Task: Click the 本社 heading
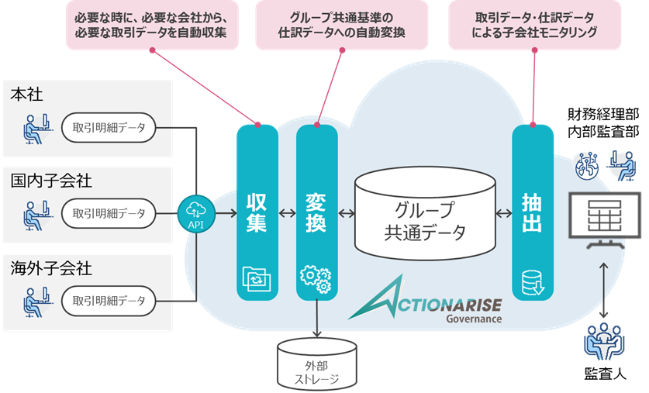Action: (26, 94)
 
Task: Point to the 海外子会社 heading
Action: (51, 269)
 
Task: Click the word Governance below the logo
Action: (473, 318)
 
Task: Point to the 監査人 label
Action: (604, 374)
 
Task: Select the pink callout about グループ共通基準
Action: (340, 25)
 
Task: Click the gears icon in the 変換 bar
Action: (316, 280)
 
